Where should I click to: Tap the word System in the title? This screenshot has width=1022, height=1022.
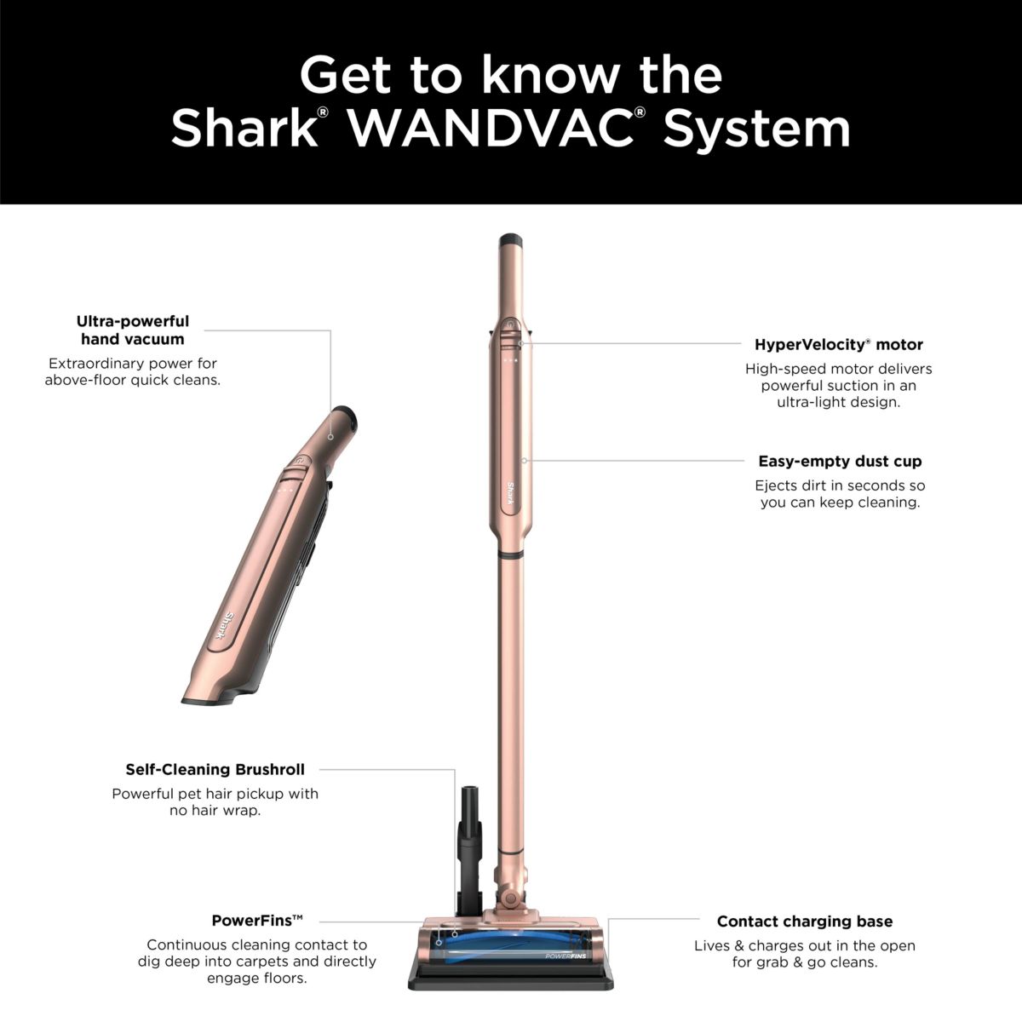(x=757, y=129)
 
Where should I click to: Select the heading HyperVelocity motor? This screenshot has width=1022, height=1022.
(x=838, y=345)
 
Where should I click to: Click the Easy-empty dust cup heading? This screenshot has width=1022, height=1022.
(x=840, y=462)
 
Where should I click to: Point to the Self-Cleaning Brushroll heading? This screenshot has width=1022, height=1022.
(x=215, y=770)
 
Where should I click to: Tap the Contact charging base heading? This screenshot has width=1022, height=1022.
(x=804, y=922)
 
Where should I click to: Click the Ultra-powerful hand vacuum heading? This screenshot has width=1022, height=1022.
(x=132, y=330)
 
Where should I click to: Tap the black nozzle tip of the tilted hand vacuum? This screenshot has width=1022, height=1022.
(x=343, y=417)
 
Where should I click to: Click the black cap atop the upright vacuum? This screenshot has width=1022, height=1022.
(x=510, y=239)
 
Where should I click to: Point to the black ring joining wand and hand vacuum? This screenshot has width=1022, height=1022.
(x=511, y=554)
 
